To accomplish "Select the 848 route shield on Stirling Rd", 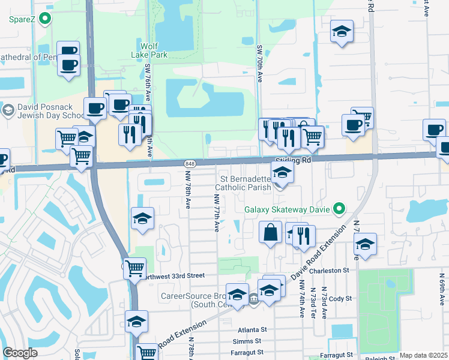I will [190, 164].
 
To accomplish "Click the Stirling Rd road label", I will [294, 161].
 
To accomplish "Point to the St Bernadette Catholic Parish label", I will [247, 183].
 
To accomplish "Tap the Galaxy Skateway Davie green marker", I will [340, 209].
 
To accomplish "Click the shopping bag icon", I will [271, 232].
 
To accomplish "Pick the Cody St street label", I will [340, 298].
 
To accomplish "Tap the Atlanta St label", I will [252, 329].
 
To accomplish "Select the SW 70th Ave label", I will [261, 63].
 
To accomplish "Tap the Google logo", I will [20, 353].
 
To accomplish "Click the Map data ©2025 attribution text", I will [423, 355].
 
